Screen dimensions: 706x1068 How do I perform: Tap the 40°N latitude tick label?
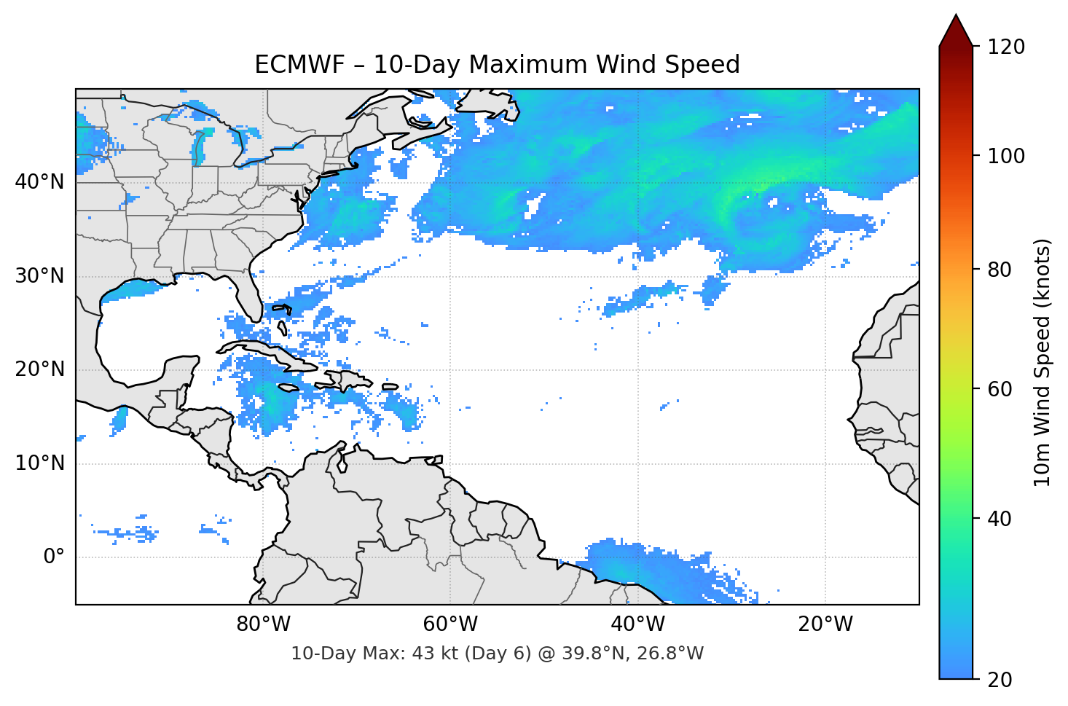pos(40,181)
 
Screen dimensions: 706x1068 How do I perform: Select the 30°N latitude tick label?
pos(40,276)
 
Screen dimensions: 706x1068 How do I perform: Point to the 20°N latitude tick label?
pos(40,369)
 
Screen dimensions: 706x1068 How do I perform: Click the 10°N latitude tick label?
pos(40,463)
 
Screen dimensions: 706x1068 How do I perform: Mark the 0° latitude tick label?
pos(54,557)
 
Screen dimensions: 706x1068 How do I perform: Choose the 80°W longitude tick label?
pos(263,624)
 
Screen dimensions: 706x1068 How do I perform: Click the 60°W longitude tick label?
pos(450,624)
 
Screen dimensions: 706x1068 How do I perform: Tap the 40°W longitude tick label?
pos(637,624)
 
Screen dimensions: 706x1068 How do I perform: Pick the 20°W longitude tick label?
pos(825,624)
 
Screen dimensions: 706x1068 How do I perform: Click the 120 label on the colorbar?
pos(1006,47)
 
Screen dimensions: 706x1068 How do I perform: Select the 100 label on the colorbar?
pos(1006,156)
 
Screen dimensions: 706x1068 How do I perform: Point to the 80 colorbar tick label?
pos(1000,270)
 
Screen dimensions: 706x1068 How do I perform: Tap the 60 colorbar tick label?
pos(1000,389)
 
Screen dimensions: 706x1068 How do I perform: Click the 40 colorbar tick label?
pos(1000,519)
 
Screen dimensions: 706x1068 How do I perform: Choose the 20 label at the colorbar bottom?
pos(1000,680)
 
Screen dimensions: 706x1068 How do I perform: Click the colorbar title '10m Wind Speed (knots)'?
pos(1043,362)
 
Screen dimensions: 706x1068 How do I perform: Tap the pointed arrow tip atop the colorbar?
pos(956,17)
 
